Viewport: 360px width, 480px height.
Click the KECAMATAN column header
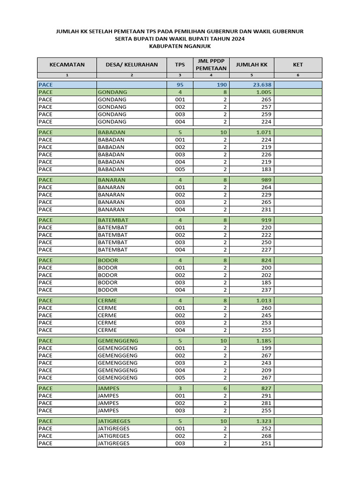point(67,65)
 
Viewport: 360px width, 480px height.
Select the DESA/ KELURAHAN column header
point(132,65)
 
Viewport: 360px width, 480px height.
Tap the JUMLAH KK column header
point(251,65)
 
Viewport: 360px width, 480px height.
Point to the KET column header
point(298,65)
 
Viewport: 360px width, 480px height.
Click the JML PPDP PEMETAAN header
point(211,65)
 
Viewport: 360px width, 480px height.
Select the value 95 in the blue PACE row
point(180,85)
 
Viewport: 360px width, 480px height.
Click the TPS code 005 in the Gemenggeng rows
point(180,378)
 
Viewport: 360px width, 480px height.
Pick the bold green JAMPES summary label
point(109,388)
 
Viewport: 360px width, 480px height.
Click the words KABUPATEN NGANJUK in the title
point(180,46)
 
